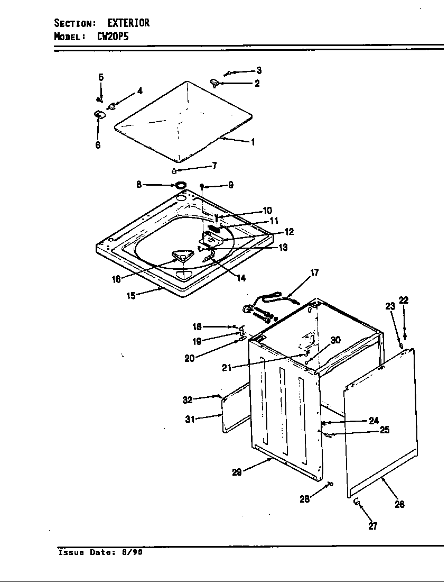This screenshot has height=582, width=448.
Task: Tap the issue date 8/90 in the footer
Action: pos(132,553)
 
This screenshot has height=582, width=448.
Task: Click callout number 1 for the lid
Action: pos(253,142)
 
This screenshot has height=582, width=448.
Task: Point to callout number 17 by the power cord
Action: pos(314,273)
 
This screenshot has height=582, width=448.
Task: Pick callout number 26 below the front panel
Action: pos(399,504)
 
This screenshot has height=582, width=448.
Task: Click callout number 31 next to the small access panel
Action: pos(190,419)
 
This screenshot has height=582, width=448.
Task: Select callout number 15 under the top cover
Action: pos(130,295)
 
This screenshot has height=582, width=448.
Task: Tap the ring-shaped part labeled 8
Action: pos(180,185)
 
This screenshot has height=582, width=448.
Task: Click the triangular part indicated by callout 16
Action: pos(181,257)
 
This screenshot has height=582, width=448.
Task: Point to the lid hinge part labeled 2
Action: pos(214,82)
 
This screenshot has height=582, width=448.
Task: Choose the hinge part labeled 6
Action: pos(99,114)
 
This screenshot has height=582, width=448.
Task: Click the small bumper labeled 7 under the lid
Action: pos(174,170)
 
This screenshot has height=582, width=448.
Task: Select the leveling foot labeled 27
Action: pos(357,501)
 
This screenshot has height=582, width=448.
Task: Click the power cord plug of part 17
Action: pos(247,310)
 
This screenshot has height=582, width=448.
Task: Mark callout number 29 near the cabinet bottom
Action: pos(237,472)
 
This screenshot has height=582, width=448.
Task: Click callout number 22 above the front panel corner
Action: pos(404,300)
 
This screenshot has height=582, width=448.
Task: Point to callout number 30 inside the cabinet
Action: pos(335,340)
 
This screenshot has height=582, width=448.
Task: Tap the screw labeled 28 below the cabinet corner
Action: pos(330,483)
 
